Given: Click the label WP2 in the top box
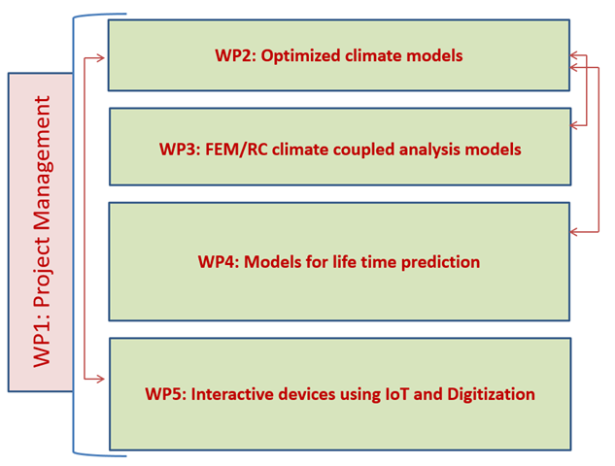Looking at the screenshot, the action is [x=235, y=55].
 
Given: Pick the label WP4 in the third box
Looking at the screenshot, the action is [x=219, y=262].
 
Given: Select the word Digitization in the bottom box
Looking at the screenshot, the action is [x=491, y=395].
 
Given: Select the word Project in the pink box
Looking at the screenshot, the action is [x=43, y=272].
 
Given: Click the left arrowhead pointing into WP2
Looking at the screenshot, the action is [x=100, y=58].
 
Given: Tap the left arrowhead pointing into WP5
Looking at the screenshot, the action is [x=100, y=379].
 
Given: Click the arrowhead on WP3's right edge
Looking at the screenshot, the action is [x=574, y=125].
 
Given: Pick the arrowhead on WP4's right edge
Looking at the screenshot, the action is [x=574, y=232].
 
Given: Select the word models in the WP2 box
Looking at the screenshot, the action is [x=434, y=55].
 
